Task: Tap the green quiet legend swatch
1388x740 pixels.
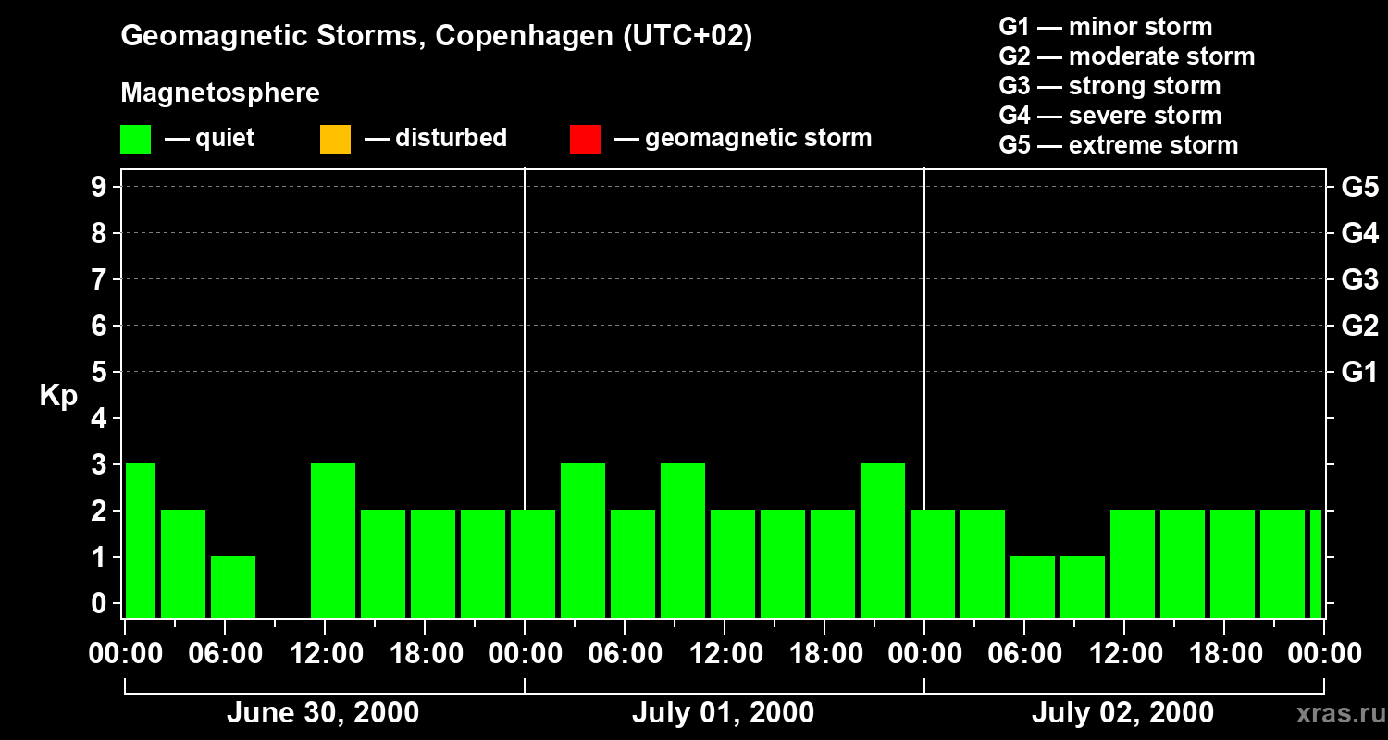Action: tap(135, 139)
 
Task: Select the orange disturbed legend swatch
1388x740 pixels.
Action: tap(335, 139)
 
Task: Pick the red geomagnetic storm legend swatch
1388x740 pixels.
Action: tap(585, 139)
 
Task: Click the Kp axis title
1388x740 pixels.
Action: tap(58, 396)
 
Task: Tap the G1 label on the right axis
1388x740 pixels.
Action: tap(1359, 373)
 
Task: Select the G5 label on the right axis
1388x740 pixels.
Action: tap(1359, 188)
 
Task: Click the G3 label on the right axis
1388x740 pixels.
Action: tap(1359, 280)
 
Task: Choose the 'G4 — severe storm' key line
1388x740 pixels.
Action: tap(1109, 116)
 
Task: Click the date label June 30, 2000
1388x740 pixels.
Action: tap(322, 713)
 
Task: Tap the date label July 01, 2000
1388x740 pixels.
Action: tap(723, 713)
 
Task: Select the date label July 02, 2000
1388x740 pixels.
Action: tap(1122, 713)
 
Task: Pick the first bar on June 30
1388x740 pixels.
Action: tap(141, 540)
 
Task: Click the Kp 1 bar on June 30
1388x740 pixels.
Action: tap(233, 586)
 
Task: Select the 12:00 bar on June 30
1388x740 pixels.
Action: tap(333, 540)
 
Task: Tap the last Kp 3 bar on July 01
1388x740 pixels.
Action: tap(883, 540)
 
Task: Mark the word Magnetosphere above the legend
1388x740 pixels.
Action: tap(220, 93)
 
